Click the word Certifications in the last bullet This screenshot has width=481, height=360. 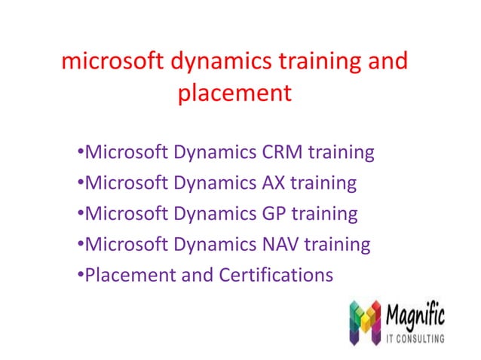click(x=276, y=276)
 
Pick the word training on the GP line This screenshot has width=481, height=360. click(x=326, y=214)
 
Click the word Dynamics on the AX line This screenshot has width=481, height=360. click(x=214, y=183)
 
